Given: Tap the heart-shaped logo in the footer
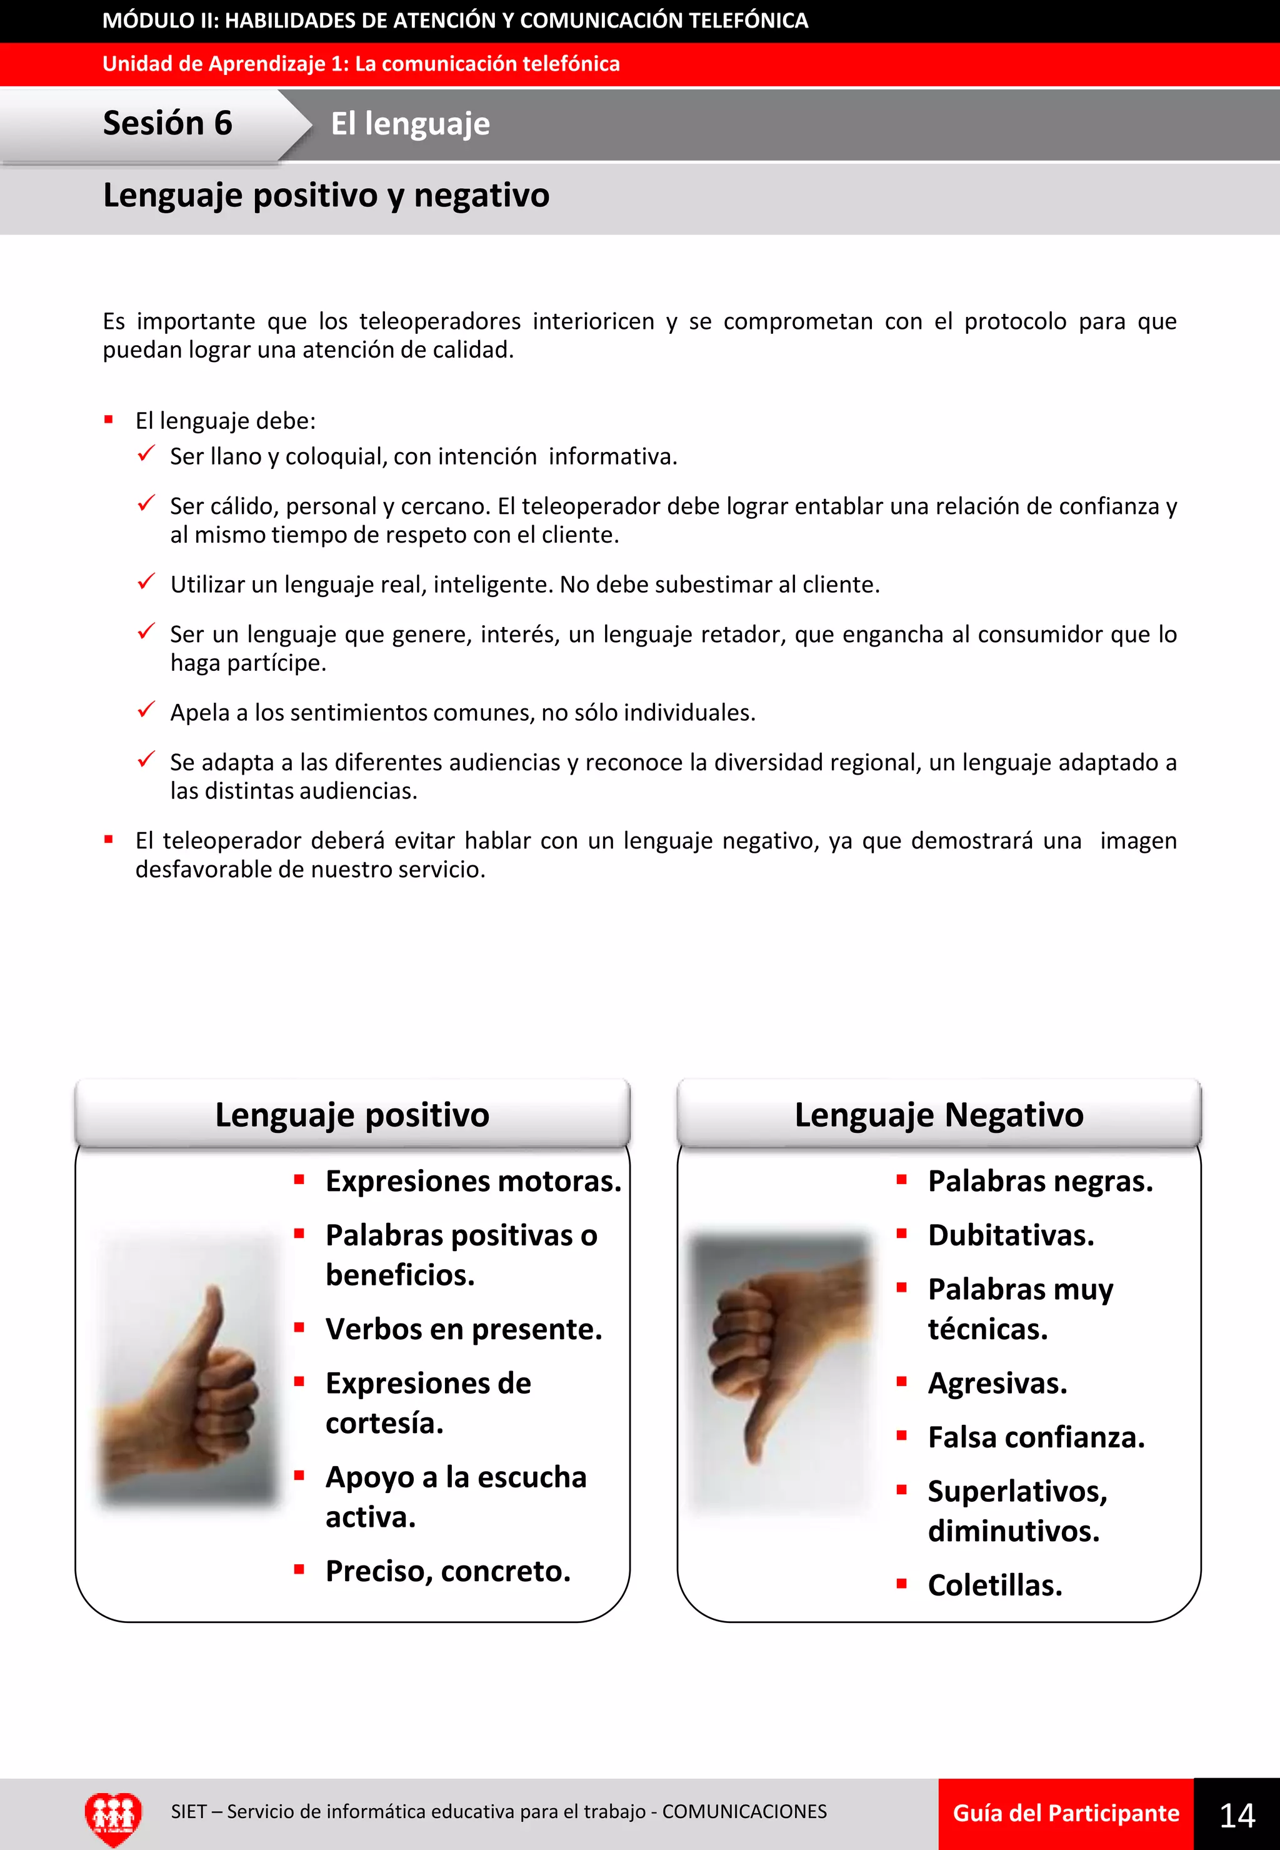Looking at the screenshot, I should pos(113,1816).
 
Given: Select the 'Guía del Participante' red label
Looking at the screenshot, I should pos(1065,1814).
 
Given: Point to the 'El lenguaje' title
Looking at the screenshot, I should pos(410,124).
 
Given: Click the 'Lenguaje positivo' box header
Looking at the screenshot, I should pos(352,1114).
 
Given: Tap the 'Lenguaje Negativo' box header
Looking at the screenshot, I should pos(938,1114).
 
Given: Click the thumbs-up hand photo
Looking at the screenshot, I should pos(187,1369).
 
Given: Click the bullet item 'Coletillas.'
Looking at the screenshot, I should pos(994,1586).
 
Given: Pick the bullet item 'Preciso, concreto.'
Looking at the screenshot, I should pos(447,1571).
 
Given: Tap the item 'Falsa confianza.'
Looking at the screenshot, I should pos(1036,1437).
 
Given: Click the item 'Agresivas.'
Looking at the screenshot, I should pos(997,1383).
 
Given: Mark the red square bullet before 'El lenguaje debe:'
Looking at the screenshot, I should pos(108,420).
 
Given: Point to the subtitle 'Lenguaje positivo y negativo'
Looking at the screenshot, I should pos(326,196).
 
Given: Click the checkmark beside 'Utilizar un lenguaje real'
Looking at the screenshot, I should pos(146,581).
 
